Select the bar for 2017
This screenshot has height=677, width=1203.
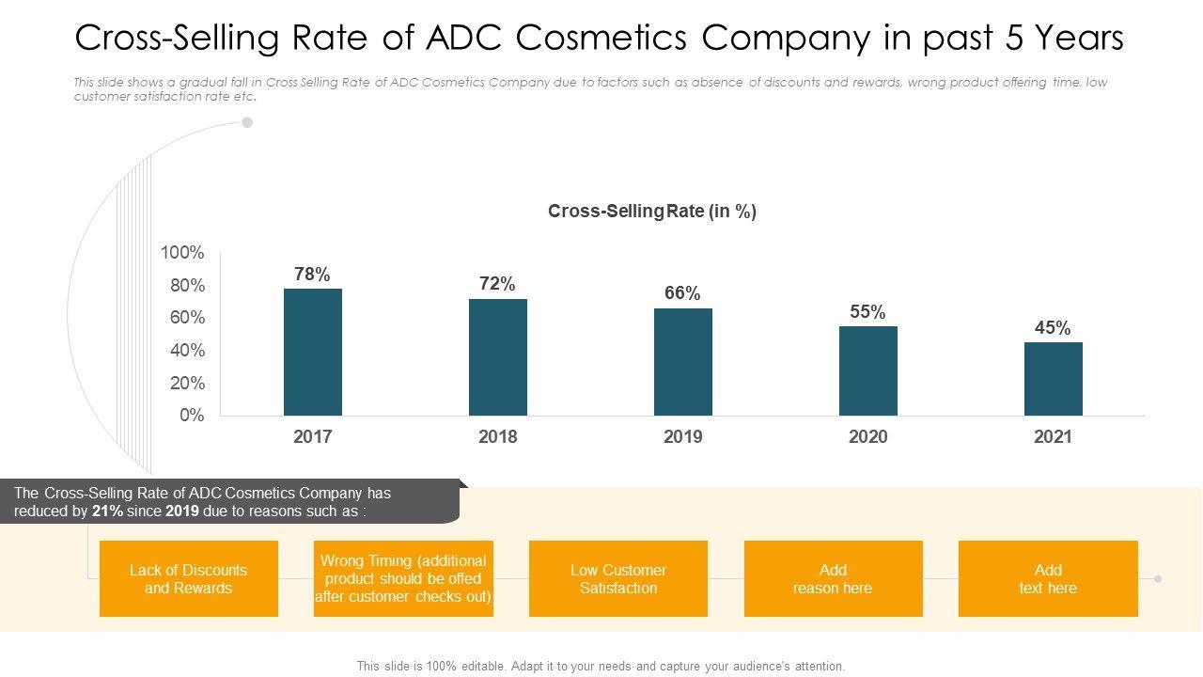point(313,352)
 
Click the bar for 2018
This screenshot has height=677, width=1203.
point(498,357)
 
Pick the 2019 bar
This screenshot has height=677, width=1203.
point(683,362)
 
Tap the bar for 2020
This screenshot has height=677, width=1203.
point(868,370)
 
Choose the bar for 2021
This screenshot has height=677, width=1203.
point(1054,379)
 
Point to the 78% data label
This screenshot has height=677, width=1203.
point(312,275)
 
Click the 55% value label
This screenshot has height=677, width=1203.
point(867,312)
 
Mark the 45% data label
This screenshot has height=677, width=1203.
point(1053,328)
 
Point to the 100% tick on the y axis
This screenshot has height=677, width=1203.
point(182,253)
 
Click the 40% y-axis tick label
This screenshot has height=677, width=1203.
point(187,351)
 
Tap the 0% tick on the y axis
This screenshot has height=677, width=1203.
point(192,416)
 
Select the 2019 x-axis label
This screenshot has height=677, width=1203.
point(683,437)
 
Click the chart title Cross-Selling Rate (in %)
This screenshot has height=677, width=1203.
point(652,212)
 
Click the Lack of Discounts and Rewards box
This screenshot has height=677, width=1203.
point(189,579)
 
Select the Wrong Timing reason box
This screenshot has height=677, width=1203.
point(403,579)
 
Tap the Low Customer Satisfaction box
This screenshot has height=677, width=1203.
point(618,579)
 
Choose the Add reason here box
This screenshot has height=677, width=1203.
point(833,579)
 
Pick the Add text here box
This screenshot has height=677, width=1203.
point(1048,579)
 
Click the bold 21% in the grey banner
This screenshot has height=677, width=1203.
point(106,512)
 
